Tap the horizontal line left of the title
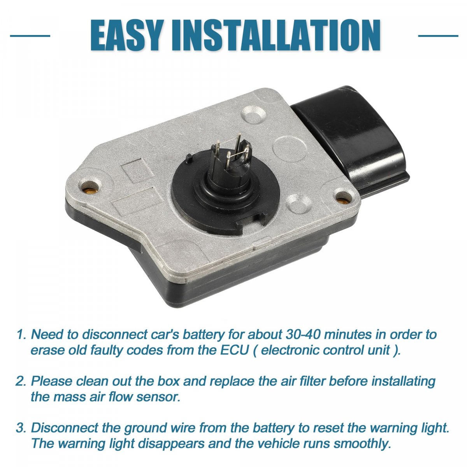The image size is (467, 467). [x=30, y=36]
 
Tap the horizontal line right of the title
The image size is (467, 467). [x=438, y=36]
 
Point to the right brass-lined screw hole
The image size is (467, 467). [x=342, y=199]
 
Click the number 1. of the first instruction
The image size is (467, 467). [x=21, y=335]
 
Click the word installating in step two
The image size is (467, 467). [x=404, y=381]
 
